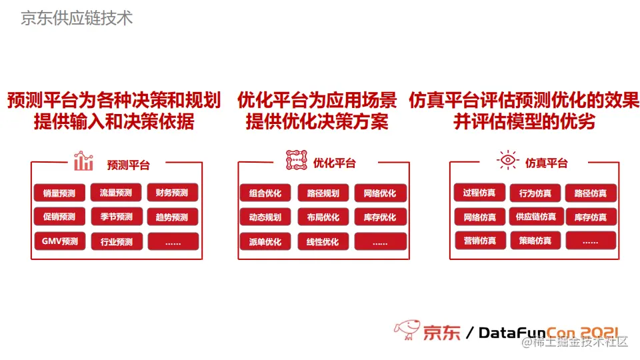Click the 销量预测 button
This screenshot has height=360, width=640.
pos(59,193)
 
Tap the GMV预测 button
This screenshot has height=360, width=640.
pos(59,241)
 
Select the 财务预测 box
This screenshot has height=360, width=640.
pos(173,193)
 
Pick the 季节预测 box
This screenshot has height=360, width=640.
pos(116,217)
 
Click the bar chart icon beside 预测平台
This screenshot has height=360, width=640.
pos(83,161)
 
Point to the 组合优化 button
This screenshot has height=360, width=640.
pos(265,193)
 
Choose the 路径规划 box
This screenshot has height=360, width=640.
pos(323,193)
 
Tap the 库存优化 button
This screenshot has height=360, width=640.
pos(380,217)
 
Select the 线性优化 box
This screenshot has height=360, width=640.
pos(323,242)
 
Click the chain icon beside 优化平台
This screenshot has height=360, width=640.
pos(297,161)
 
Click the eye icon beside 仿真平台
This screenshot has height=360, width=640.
pos(507,161)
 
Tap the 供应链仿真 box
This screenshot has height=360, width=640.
pos(535,217)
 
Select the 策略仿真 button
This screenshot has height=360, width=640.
pos(535,241)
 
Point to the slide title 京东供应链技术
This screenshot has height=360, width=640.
pos(77,18)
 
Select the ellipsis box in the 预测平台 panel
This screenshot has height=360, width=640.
pos(173,242)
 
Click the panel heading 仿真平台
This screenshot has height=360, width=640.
pos(546,163)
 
